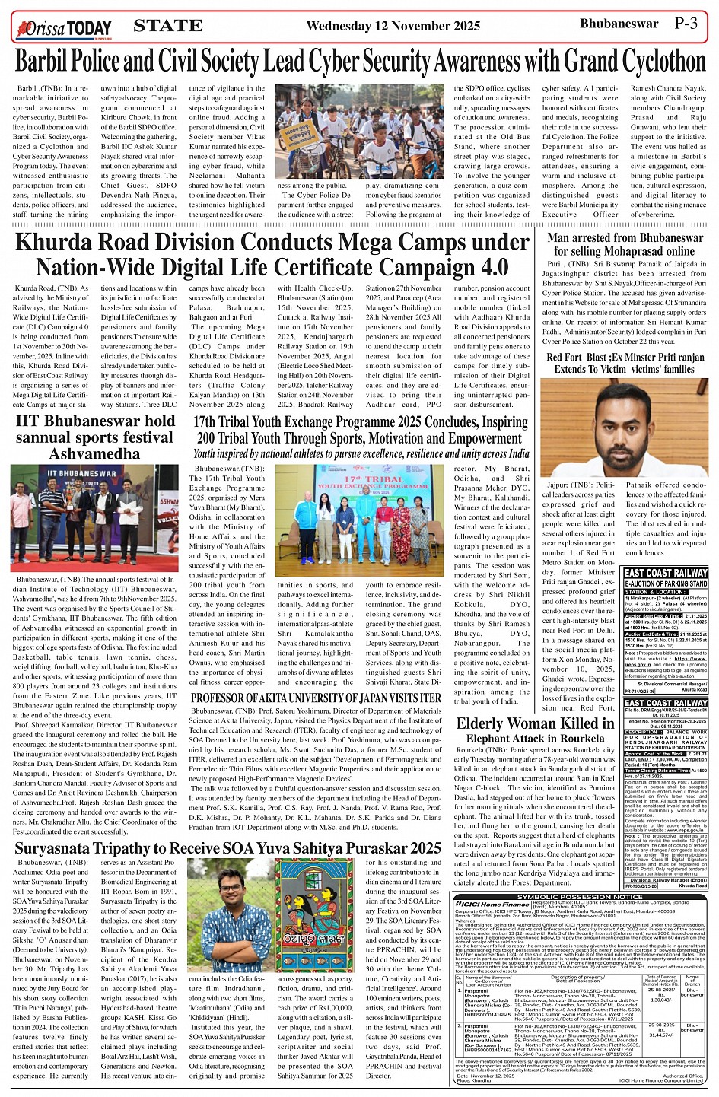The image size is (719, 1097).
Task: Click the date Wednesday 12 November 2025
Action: click(x=393, y=26)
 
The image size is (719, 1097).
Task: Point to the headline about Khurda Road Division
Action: click(x=272, y=255)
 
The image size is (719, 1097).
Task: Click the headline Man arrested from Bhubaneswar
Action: click(x=625, y=244)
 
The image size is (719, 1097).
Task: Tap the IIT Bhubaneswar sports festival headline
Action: click(x=95, y=437)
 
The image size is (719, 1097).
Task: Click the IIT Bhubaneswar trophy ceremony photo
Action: click(x=94, y=518)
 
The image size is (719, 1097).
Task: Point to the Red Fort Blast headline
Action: click(x=625, y=363)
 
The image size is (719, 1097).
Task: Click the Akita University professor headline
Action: click(x=316, y=698)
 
